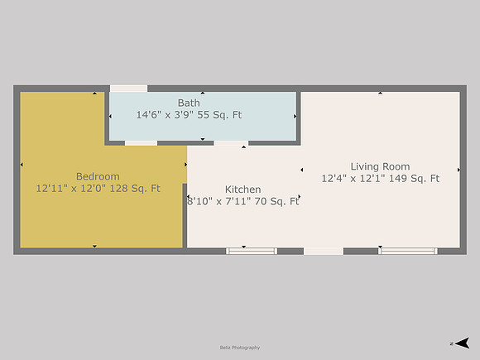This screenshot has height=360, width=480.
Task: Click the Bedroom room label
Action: (98, 176)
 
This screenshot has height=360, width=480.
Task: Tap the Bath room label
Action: (189, 103)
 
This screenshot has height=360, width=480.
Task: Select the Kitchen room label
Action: (242, 190)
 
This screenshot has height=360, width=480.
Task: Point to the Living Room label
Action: (380, 167)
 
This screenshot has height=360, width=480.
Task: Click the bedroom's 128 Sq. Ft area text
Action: (135, 188)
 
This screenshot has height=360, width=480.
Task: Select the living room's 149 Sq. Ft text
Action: (414, 178)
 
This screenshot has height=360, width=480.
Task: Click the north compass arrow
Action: (462, 343)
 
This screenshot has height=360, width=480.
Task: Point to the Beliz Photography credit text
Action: (240, 348)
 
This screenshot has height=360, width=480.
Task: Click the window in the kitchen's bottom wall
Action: (252, 252)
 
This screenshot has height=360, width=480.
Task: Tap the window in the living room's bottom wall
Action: (408, 252)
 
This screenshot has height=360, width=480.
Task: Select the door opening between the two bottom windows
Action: (324, 252)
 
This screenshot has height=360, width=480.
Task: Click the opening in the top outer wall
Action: (128, 89)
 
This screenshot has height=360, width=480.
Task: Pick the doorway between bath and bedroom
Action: (141, 143)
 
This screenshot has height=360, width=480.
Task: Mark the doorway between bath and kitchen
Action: (231, 143)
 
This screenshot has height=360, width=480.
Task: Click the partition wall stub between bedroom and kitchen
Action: (185, 215)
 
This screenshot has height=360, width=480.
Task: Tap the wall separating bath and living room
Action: (299, 118)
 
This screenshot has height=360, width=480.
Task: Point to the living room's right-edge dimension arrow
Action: (458, 170)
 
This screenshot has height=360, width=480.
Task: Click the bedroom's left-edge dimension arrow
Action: (22, 165)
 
